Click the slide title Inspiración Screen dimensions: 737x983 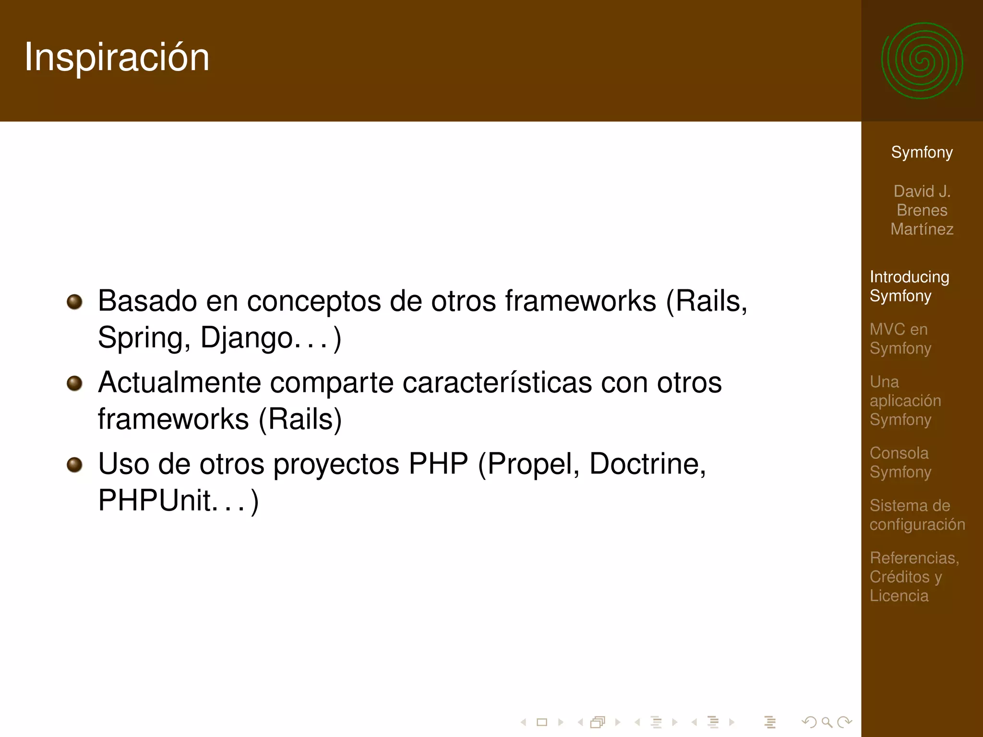117,58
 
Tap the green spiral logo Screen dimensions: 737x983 922,61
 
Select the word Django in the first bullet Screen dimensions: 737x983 246,338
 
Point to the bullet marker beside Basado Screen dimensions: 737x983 74,302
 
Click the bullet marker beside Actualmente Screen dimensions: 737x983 74,383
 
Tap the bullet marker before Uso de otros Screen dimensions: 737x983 74,464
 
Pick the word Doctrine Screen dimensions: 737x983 647,464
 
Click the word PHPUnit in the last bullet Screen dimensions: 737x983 154,500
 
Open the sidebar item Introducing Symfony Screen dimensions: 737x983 909,286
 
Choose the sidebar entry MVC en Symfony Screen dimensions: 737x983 900,339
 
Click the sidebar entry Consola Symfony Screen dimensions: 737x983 900,463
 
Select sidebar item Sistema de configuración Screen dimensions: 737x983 917,515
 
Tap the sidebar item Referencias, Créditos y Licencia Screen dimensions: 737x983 913,576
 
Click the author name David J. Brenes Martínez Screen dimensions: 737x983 922,210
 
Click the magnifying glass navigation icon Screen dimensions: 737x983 827,722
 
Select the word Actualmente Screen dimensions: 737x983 179,383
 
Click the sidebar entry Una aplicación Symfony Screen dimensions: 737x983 905,401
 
